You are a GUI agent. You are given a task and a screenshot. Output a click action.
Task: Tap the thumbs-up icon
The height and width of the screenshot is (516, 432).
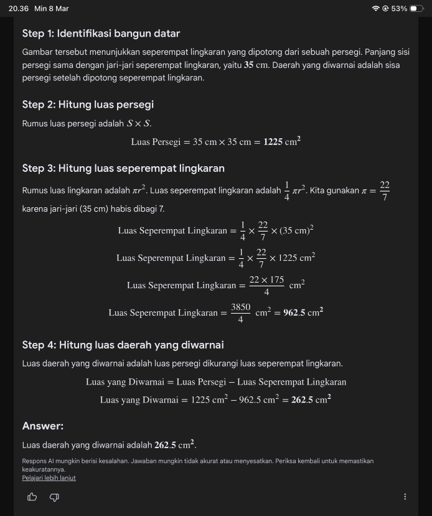32,497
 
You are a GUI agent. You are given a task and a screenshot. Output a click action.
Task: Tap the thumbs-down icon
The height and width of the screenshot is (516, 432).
54,497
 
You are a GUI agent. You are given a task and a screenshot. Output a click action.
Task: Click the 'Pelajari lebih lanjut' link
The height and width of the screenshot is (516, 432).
49,478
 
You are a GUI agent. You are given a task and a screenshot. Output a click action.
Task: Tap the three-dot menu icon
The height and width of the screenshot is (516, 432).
405,497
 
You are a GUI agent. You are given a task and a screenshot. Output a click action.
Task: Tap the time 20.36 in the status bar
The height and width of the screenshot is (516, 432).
19,9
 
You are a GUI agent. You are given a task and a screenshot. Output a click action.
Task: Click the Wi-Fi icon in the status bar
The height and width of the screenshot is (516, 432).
375,9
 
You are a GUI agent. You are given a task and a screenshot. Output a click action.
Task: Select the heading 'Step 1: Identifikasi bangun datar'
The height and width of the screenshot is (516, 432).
101,33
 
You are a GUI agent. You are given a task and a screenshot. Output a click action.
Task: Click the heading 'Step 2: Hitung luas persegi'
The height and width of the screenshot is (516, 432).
88,104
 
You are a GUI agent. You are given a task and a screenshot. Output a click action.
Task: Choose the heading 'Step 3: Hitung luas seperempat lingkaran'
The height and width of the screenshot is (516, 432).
123,168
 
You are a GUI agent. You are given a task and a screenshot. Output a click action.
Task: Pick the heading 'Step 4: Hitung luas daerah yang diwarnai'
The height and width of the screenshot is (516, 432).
123,345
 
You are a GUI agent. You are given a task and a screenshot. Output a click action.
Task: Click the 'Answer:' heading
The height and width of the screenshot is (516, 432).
43,426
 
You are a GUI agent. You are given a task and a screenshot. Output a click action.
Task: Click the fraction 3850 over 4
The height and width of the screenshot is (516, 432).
240,312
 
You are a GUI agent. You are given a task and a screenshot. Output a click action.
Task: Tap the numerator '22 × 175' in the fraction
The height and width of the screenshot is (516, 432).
266,280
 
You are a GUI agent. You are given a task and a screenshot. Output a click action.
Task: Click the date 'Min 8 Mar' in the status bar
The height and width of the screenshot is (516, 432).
52,9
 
